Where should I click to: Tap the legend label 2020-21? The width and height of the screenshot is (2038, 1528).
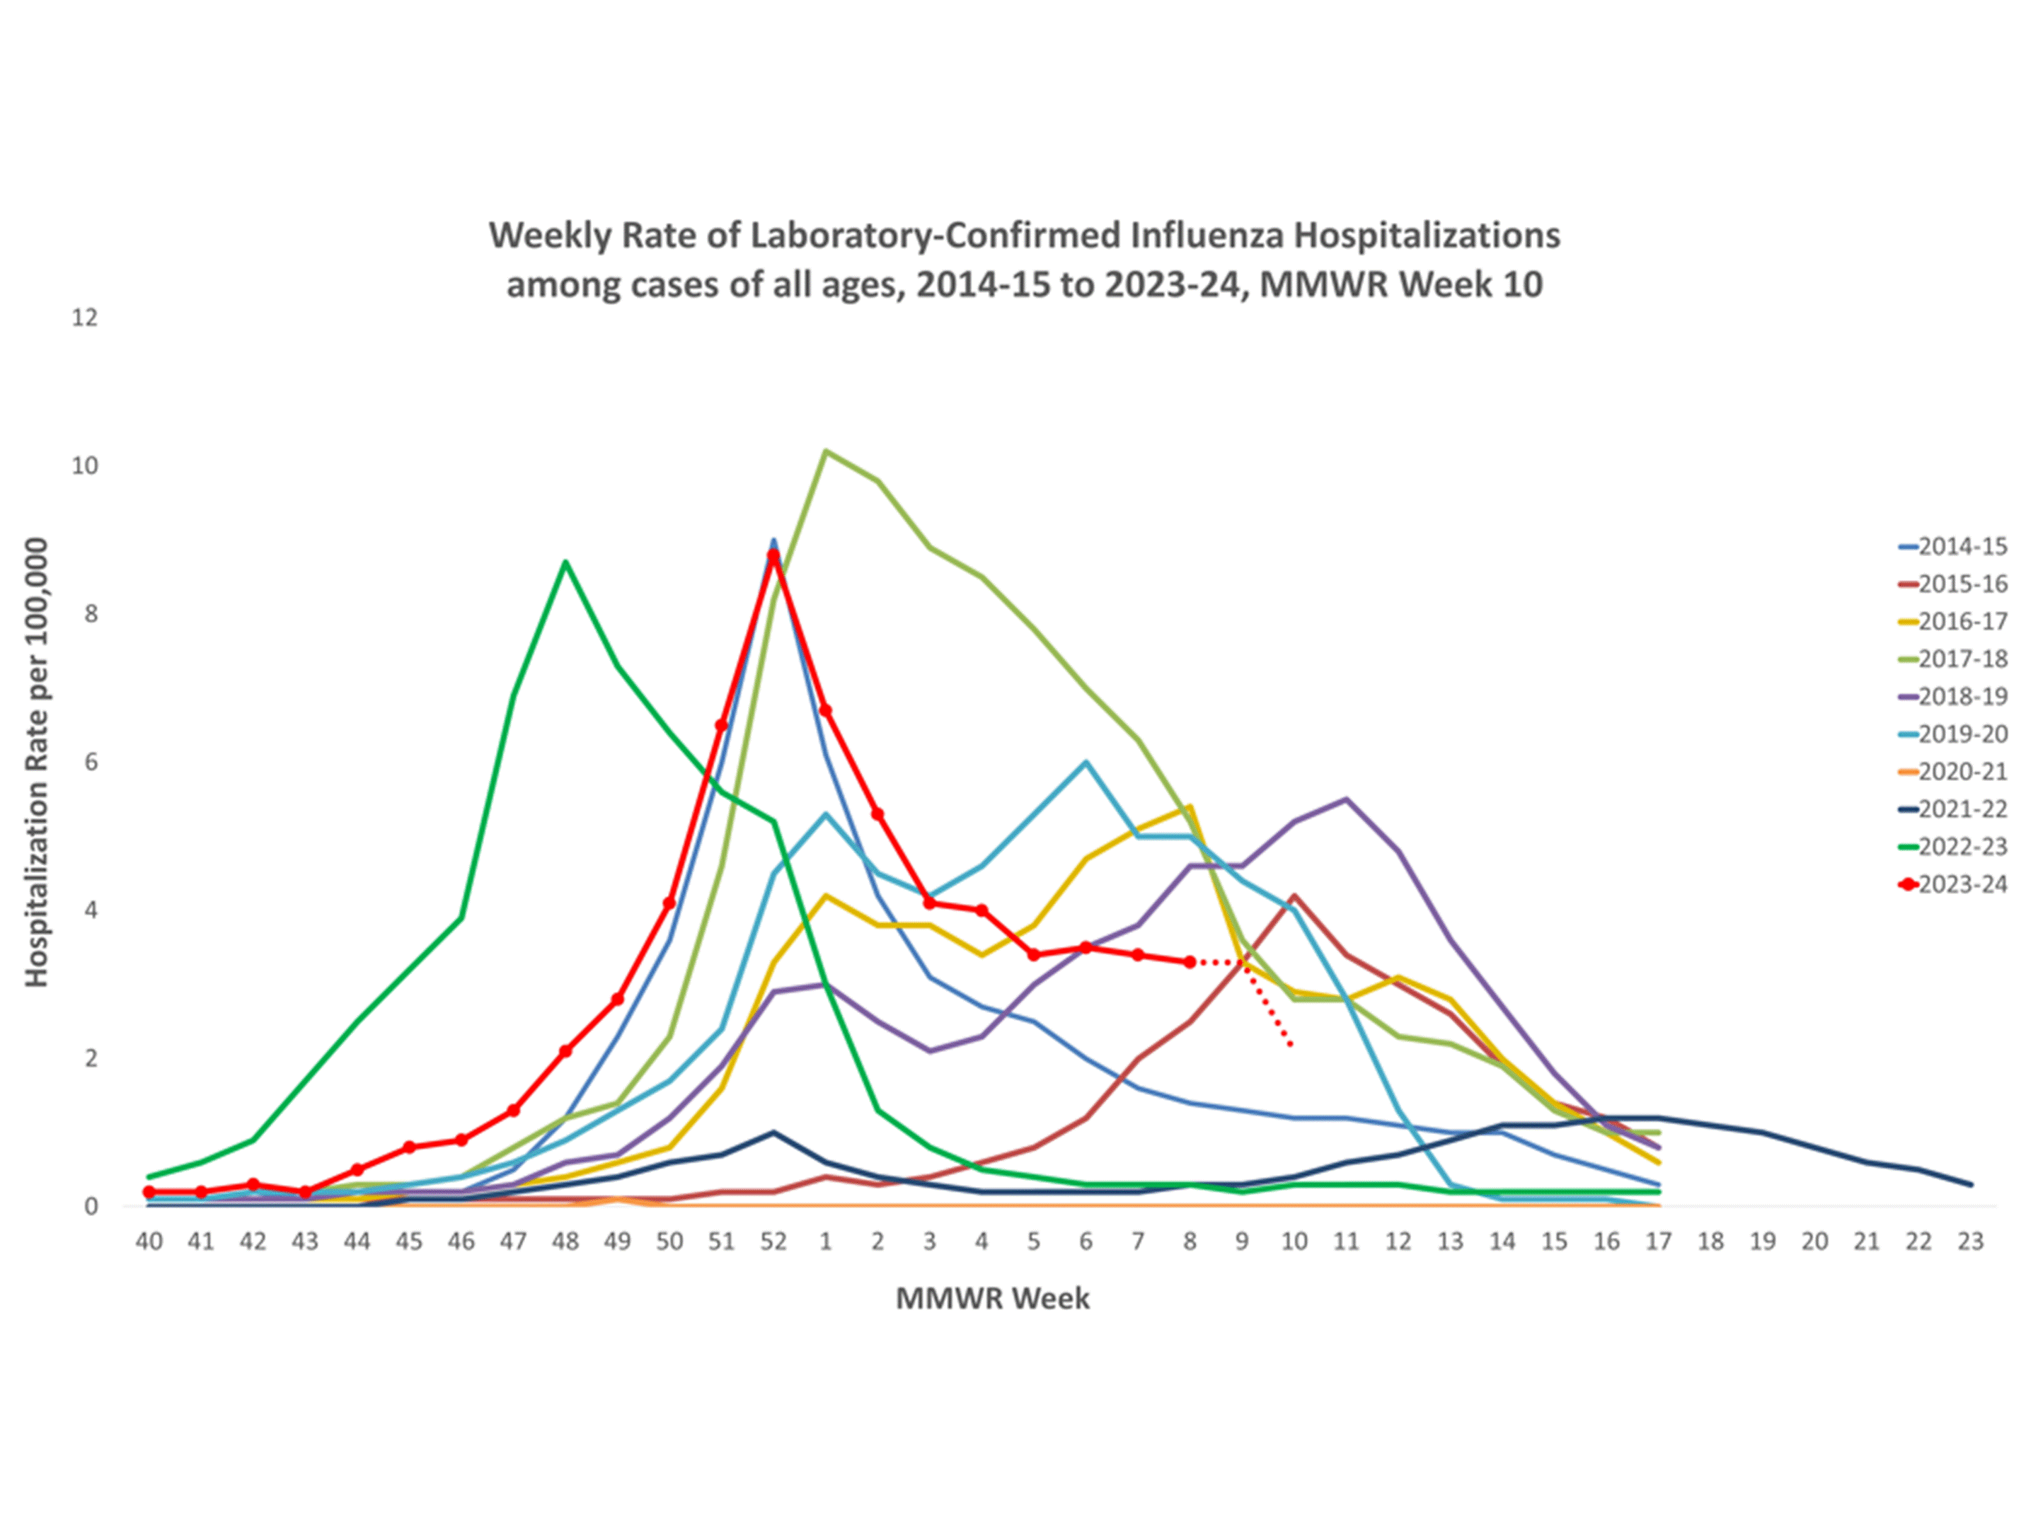coord(1962,772)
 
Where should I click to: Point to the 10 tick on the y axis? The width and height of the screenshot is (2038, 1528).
coord(85,466)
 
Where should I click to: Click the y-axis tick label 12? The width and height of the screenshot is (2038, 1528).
coord(85,318)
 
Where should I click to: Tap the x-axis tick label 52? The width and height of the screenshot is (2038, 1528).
coord(773,1242)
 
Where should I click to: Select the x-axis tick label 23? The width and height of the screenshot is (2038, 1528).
coord(1970,1242)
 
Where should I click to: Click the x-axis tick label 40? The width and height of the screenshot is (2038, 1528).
coord(149,1242)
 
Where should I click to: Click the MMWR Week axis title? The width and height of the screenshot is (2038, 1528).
coord(992,1299)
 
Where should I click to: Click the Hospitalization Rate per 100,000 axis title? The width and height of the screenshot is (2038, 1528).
coord(36,763)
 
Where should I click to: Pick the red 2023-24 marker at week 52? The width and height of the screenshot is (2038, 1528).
coord(773,555)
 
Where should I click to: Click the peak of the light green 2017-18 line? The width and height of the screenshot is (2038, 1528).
coord(826,451)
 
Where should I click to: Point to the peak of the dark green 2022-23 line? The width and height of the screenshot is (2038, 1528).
coord(565,562)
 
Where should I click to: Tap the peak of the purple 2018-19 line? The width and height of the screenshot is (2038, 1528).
coord(1346,799)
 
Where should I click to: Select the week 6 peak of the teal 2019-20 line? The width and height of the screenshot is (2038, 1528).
coord(1086,762)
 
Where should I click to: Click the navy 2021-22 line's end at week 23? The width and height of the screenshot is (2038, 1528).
coord(1970,1184)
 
